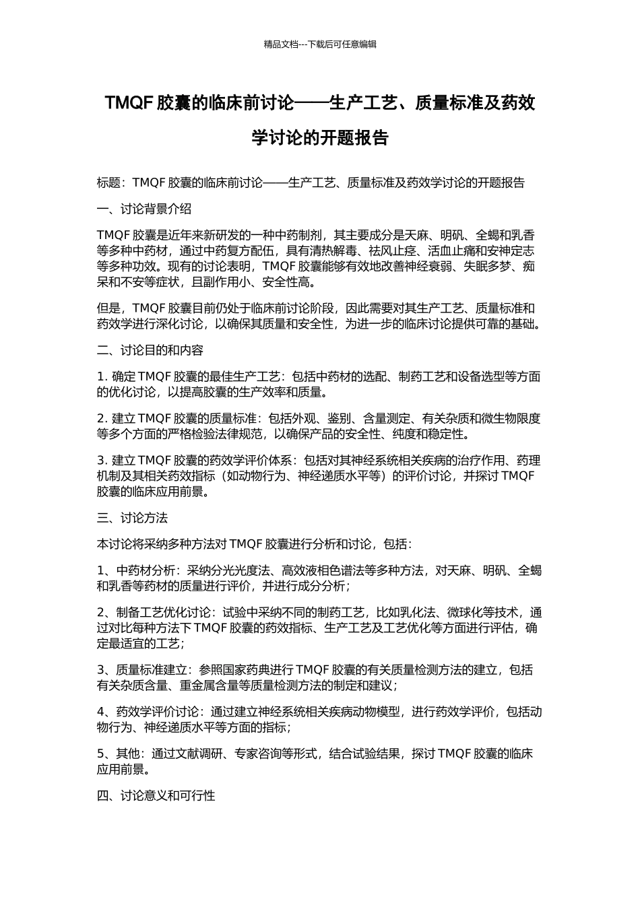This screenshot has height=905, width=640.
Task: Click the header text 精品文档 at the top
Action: (281, 44)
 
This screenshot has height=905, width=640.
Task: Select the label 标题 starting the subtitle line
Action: (108, 182)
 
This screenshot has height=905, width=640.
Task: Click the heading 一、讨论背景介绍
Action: (143, 209)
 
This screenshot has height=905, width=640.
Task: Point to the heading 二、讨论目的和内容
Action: (150, 350)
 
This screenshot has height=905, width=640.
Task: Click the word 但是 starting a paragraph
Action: (108, 308)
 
